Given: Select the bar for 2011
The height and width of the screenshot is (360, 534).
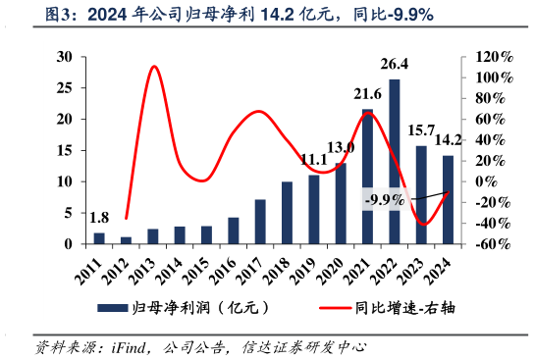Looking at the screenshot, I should click(99, 238).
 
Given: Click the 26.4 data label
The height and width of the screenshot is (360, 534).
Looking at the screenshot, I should click(395, 66).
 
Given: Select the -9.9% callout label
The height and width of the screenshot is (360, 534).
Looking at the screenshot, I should click(385, 200).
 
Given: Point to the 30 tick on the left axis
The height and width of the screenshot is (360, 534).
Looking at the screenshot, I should click(64, 57).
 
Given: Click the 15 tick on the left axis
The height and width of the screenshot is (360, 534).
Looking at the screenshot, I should click(64, 150).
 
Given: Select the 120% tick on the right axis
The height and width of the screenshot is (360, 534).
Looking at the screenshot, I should click(493, 57).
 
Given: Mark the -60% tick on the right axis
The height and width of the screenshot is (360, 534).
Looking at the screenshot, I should click(493, 243).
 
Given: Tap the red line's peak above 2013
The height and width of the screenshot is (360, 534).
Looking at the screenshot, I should click(154, 67).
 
